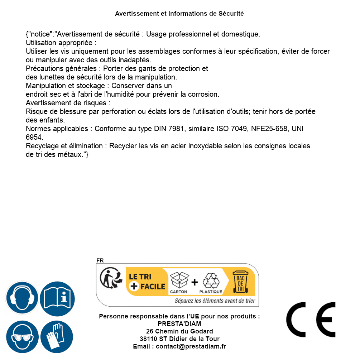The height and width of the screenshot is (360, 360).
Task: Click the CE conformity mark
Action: [x=311, y=320]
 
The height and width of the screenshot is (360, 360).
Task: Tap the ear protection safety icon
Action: [x=22, y=298]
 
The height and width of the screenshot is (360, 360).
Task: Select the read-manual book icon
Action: [x=57, y=298]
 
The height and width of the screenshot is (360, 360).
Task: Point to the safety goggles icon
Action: [x=22, y=337]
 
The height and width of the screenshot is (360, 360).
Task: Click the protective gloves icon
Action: [x=57, y=337]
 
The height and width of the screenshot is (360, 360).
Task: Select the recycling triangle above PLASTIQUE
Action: [x=211, y=280]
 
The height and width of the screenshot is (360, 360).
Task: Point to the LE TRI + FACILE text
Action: [x=147, y=282]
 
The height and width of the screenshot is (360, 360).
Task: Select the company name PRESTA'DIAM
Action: [x=179, y=324]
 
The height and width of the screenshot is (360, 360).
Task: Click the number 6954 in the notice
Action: [x=34, y=137]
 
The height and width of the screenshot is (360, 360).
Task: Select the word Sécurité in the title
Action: [x=231, y=14]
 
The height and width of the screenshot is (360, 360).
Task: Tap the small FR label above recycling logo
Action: [x=100, y=261]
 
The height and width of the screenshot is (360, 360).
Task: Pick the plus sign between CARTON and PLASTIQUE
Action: [x=195, y=282]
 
